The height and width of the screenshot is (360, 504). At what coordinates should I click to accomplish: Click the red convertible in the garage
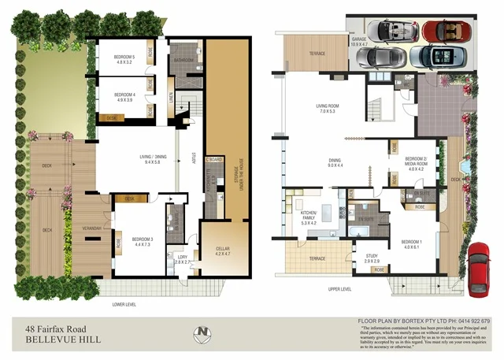[x=445, y=31]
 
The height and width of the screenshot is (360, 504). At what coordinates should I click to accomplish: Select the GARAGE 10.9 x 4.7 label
[x=361, y=42]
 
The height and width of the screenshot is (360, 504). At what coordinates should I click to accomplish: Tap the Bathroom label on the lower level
[x=184, y=61]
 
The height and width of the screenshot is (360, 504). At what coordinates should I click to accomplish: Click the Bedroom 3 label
[x=143, y=241]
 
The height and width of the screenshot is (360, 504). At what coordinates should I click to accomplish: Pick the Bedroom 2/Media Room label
[x=416, y=164]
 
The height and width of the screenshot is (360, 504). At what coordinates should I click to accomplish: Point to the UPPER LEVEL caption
[x=339, y=289]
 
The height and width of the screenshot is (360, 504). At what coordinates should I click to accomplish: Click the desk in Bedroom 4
[x=112, y=117]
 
